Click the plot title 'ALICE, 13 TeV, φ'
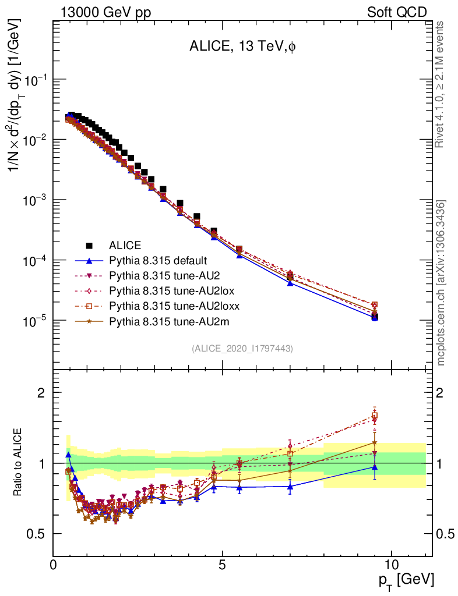pyautogui.click(x=242, y=47)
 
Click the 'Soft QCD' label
pyautogui.click(x=396, y=12)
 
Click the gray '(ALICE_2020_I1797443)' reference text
pyautogui.click(x=242, y=348)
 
